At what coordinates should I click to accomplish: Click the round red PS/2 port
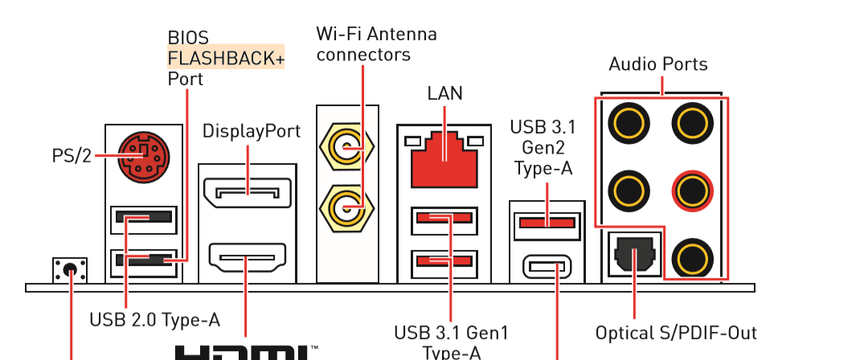142,157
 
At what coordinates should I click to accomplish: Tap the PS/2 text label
71,156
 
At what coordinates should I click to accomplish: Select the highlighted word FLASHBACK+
225,58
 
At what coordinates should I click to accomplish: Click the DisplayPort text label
251,131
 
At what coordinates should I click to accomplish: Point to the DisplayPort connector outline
247,192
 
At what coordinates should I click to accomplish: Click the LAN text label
444,93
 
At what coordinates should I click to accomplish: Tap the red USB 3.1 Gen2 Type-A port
547,222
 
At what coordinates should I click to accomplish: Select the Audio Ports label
658,63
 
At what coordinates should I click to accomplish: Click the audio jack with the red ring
692,190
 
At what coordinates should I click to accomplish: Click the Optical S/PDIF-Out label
676,332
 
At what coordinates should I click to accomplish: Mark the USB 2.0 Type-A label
154,319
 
